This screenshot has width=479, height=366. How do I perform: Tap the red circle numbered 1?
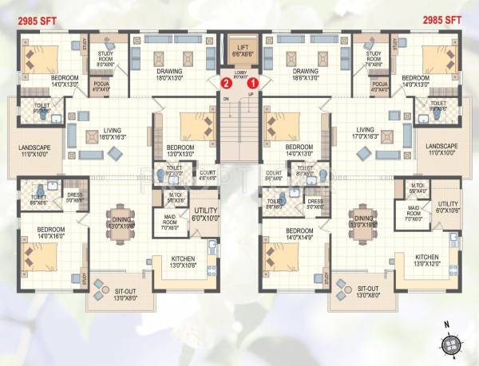tap(253, 81)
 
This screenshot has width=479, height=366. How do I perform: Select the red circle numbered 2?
tap(227, 81)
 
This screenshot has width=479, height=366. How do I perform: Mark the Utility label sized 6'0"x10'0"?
tap(204, 214)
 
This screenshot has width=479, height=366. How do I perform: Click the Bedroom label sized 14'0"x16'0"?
tap(46, 234)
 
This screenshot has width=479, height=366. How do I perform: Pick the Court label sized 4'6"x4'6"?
tap(208, 176)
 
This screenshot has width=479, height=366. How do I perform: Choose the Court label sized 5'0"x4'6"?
tap(274, 176)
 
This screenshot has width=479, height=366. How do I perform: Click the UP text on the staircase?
tap(252, 95)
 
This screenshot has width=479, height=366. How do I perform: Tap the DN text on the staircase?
tap(226, 98)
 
